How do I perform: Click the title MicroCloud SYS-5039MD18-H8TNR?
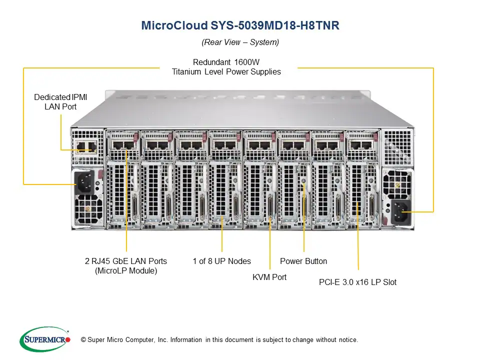click(x=240, y=25)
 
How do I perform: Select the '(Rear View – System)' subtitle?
click(x=240, y=42)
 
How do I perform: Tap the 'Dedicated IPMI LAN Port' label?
click(x=60, y=102)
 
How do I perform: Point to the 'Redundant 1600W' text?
click(x=226, y=62)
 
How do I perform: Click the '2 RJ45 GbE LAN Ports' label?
click(x=126, y=261)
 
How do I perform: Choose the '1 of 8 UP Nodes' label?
click(x=222, y=261)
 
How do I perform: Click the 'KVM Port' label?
click(x=269, y=277)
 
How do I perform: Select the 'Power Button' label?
click(x=303, y=261)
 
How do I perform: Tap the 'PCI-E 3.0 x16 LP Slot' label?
click(x=357, y=282)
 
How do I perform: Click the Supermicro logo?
click(x=44, y=339)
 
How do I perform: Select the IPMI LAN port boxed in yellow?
click(x=84, y=146)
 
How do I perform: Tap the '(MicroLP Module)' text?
click(x=126, y=271)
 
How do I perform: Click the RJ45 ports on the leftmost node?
click(x=122, y=145)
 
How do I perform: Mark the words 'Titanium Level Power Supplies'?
click(x=226, y=71)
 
